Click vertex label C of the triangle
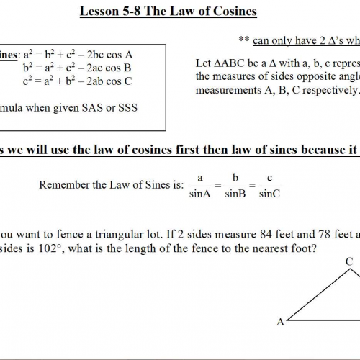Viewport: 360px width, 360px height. point(347,261)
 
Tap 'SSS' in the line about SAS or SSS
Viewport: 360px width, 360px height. point(117,108)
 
